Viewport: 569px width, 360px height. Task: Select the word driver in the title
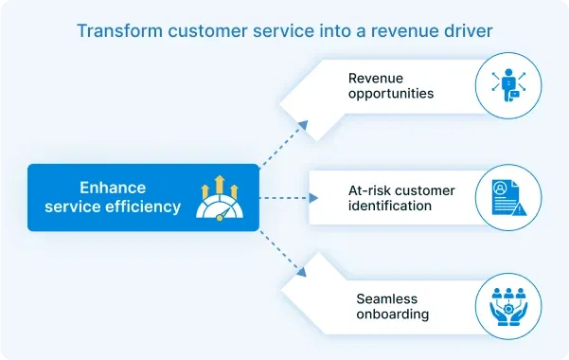(x=467, y=31)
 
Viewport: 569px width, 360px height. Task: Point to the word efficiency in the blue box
(x=142, y=206)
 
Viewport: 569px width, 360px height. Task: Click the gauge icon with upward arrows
(x=219, y=198)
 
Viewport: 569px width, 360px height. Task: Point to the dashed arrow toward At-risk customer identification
(x=288, y=198)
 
